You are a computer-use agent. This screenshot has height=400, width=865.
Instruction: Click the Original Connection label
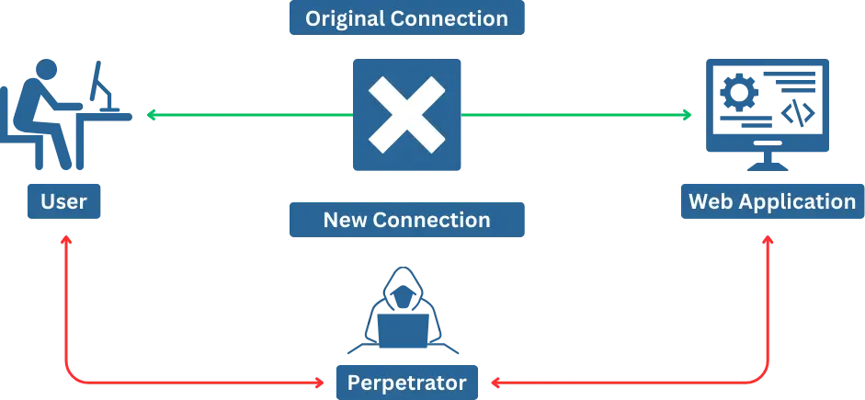(406, 18)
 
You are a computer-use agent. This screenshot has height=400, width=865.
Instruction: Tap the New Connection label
(406, 220)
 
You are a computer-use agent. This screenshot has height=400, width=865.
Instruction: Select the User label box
(64, 201)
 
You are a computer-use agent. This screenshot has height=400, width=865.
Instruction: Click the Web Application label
(772, 201)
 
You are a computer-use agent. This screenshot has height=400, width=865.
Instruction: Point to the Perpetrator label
(407, 383)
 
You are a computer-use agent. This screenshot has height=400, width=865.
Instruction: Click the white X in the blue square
(406, 115)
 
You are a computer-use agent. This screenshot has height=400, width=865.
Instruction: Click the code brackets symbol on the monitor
(798, 113)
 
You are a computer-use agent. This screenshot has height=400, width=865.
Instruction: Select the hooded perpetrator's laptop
(403, 330)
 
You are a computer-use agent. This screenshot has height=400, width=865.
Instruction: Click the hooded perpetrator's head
(402, 293)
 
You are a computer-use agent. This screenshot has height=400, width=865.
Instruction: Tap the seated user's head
(46, 70)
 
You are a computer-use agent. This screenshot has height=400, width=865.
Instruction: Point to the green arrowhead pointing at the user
(151, 115)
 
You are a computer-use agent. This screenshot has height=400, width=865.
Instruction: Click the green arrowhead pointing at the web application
(687, 115)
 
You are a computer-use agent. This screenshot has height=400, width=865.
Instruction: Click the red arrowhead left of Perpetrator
(319, 382)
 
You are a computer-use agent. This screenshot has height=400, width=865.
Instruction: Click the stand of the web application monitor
(768, 161)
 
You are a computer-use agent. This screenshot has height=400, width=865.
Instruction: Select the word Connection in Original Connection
(449, 18)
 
